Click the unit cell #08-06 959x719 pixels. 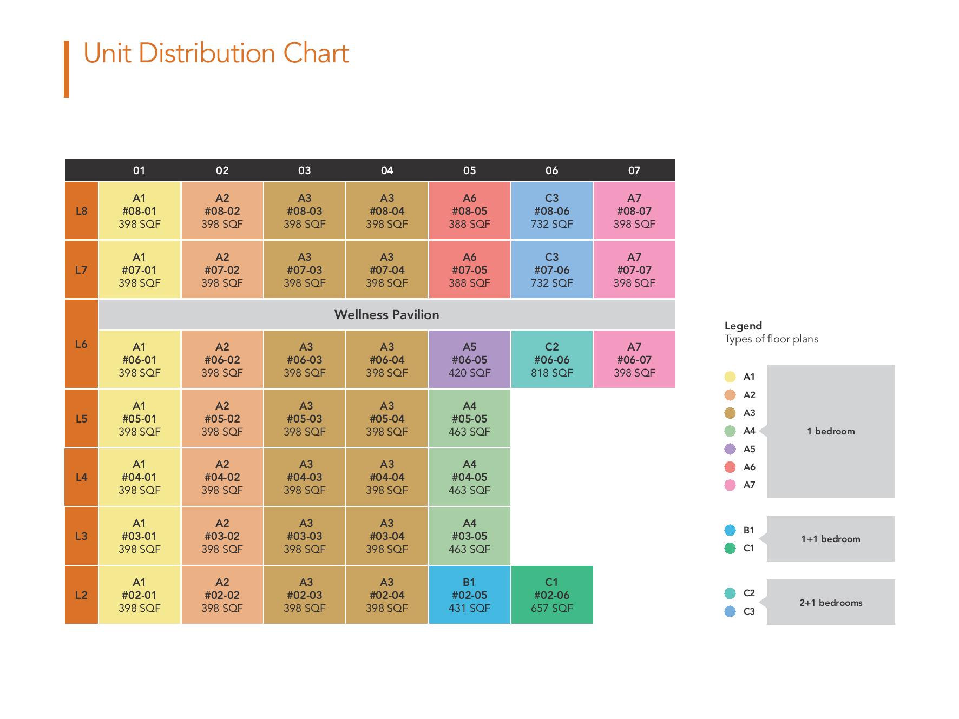551,210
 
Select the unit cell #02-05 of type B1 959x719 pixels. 469,595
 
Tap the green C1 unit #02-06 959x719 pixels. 551,595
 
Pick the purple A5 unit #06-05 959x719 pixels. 469,359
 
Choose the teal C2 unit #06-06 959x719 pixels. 551,359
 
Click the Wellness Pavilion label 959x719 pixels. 387,314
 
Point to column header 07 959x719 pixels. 634,170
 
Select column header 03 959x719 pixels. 305,170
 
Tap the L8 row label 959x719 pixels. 81,210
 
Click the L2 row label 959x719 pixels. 81,595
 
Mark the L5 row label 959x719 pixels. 81,418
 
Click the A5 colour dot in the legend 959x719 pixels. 730,449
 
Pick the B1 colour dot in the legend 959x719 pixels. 730,530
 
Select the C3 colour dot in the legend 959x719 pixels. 730,611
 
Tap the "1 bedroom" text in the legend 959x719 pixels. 831,431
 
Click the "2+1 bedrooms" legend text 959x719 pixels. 831,603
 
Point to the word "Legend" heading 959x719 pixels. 743,326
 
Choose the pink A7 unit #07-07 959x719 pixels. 634,269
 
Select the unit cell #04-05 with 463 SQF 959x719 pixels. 469,477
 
